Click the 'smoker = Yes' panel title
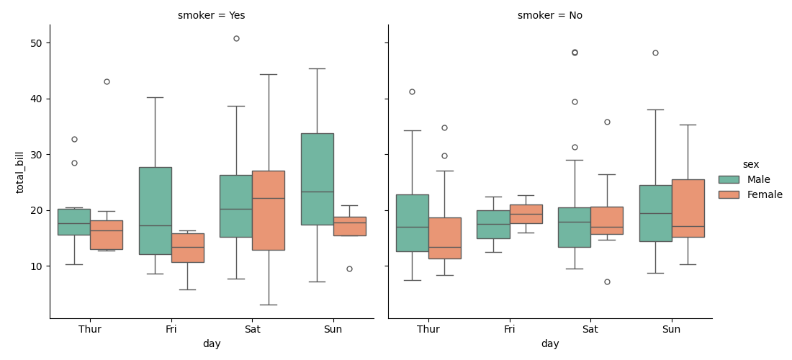tap(211, 15)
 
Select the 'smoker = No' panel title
tap(549, 15)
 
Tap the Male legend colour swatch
tap(729, 179)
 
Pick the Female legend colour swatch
tap(729, 194)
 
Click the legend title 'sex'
tap(750, 164)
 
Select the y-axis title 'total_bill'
tap(20, 172)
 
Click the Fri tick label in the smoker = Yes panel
tap(171, 330)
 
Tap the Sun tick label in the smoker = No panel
tap(671, 330)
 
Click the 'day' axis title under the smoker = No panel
tap(550, 344)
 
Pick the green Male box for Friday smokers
tap(155, 210)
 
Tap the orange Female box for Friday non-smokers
tap(526, 214)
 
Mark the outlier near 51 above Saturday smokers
tap(236, 38)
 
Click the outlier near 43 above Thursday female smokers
tap(107, 81)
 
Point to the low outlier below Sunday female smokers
tap(349, 269)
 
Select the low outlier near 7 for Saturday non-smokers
tap(607, 282)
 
